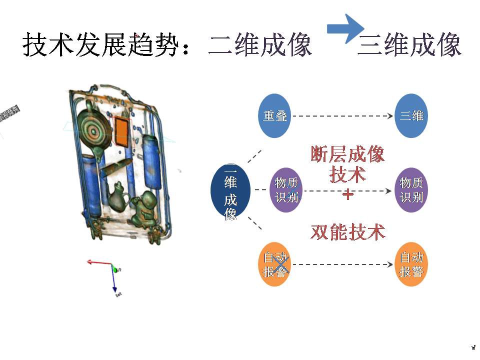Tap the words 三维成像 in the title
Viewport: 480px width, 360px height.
tap(409, 45)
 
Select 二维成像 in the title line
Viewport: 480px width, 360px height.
tap(260, 45)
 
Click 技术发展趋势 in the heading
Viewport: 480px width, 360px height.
tap(100, 45)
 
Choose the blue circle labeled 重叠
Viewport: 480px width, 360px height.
tap(274, 115)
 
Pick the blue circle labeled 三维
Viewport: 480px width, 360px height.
tap(411, 115)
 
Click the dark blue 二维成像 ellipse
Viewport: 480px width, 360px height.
tap(230, 190)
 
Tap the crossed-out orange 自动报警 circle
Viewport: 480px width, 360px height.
tap(274, 264)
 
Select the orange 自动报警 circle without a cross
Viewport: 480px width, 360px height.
tap(411, 264)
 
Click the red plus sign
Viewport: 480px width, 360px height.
tap(347, 195)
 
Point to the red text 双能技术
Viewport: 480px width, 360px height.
tap(348, 232)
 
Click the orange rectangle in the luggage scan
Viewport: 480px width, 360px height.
tap(121, 131)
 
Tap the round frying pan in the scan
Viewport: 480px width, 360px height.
tap(93, 129)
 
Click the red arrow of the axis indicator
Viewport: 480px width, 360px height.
tap(97, 261)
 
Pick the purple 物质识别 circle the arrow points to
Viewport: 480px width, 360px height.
tap(411, 190)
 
